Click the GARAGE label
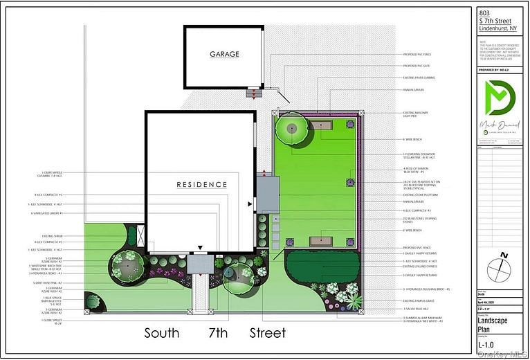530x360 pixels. (224, 53)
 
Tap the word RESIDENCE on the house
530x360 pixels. (201, 184)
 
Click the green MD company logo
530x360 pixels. (502, 100)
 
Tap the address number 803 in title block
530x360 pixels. (487, 12)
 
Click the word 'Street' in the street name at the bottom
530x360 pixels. (268, 333)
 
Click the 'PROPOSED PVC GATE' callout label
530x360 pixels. (418, 66)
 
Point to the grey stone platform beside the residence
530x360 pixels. (267, 195)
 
